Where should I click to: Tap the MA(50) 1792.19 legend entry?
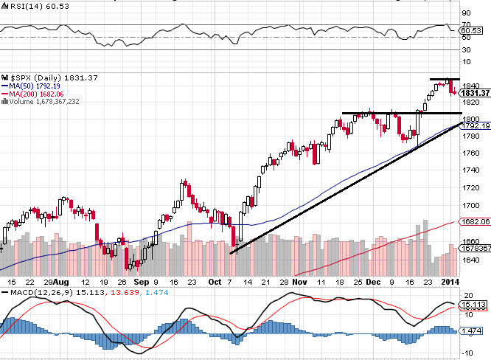[30, 86]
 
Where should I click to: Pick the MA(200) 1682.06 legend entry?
[32, 94]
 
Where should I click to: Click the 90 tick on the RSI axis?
[467, 13]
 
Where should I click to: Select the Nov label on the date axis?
[298, 283]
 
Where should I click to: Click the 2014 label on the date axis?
[450, 283]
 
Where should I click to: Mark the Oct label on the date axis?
[215, 283]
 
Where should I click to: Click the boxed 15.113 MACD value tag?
[474, 303]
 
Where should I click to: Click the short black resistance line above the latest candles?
[445, 79]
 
